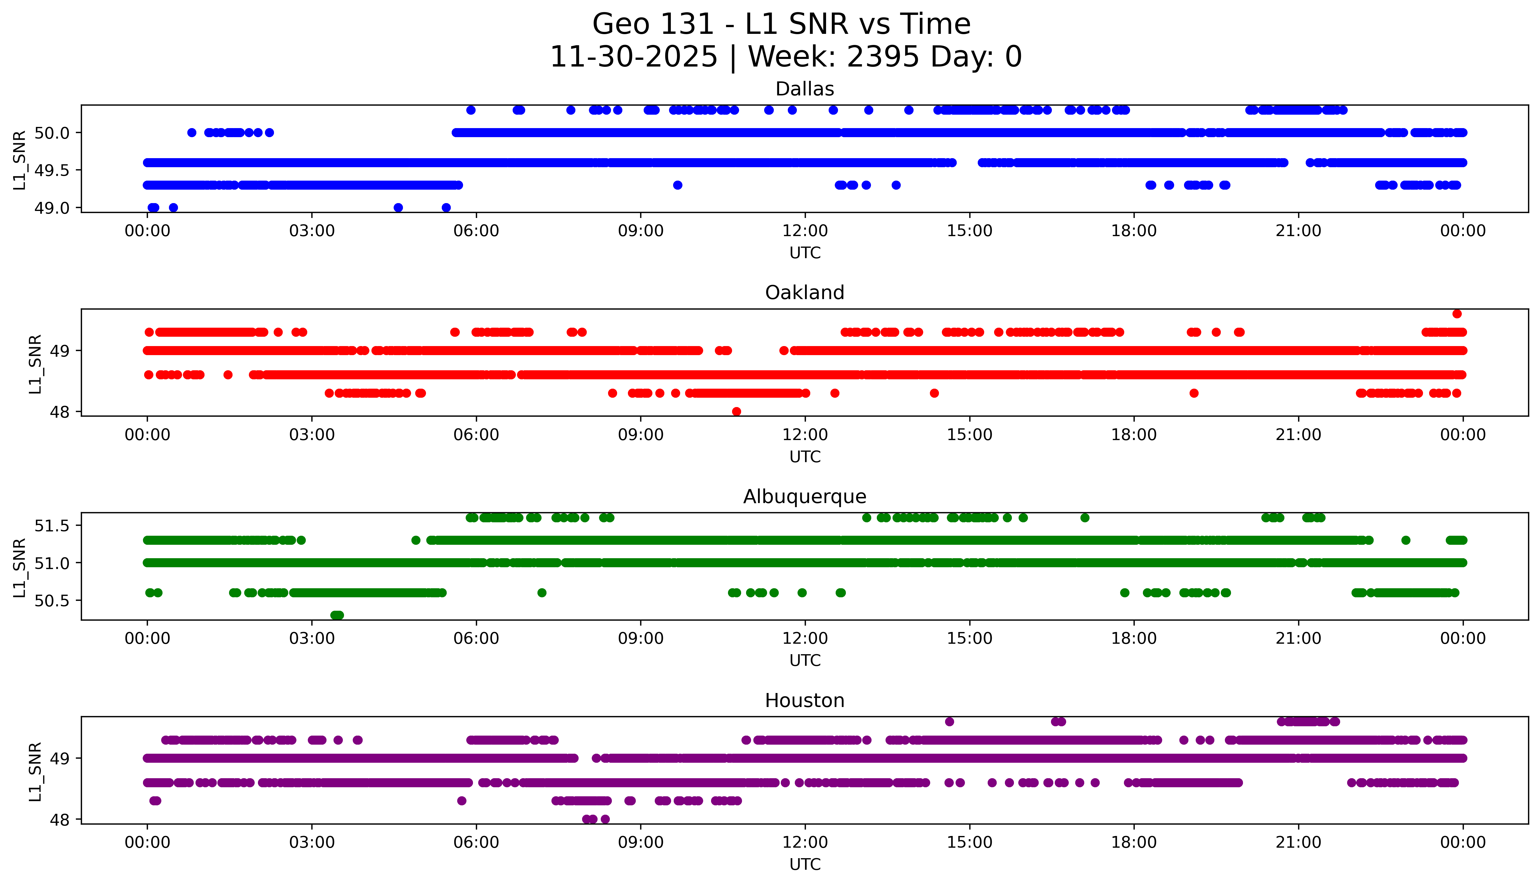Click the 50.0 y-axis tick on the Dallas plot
point(52,132)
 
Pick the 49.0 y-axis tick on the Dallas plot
point(52,208)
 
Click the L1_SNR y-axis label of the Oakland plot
point(35,364)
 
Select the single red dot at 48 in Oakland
point(736,411)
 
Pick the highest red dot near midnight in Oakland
point(1457,314)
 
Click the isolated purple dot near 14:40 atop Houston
point(949,722)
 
